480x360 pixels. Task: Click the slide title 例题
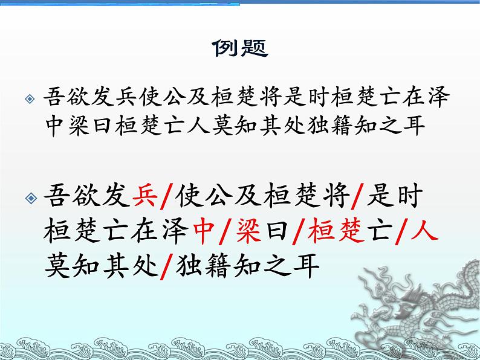pos(241,48)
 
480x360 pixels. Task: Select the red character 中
pos(209,231)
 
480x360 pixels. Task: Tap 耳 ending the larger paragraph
pos(306,266)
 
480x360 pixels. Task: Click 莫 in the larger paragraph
pos(60,266)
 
